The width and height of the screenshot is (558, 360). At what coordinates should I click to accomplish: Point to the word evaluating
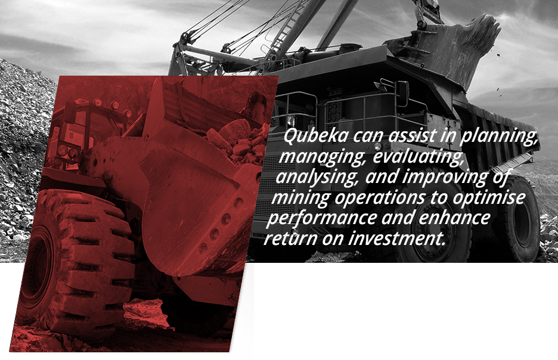click(418, 157)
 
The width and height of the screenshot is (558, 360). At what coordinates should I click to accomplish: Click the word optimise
click(489, 198)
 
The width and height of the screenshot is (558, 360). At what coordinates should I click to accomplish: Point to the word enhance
click(454, 218)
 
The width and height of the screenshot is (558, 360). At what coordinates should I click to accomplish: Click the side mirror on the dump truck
click(402, 93)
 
